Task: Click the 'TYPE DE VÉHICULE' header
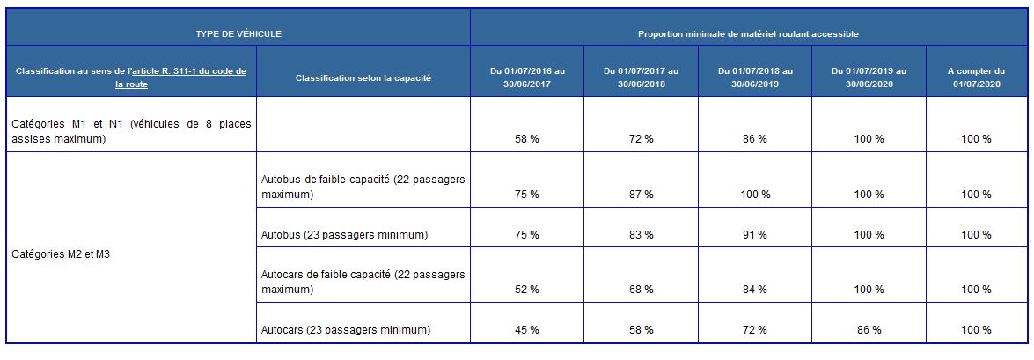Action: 238,33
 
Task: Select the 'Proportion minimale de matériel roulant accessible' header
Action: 748,33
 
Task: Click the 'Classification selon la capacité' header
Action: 363,77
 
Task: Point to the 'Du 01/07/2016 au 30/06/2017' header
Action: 527,77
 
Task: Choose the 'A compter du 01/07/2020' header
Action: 975,77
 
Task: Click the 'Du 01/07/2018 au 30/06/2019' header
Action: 755,77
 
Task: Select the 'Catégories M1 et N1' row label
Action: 131,131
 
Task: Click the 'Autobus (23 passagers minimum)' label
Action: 345,235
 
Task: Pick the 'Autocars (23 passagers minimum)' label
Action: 346,330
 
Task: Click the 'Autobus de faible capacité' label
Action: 363,187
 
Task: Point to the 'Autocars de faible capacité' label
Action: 363,282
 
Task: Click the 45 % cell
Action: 527,330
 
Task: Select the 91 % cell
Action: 755,235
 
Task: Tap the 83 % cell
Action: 642,235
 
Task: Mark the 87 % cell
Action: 642,195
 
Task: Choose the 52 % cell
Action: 527,290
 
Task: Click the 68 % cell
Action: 642,290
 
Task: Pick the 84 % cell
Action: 755,290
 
